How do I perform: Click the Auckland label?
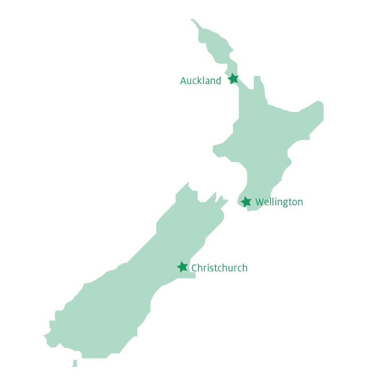click(200, 81)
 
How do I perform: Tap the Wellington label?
click(279, 202)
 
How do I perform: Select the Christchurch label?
click(219, 268)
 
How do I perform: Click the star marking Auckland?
click(233, 79)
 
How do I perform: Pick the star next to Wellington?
click(246, 202)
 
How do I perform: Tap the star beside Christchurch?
click(182, 267)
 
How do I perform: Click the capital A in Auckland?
click(184, 81)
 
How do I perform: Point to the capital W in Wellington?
click(260, 202)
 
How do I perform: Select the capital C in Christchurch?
click(194, 268)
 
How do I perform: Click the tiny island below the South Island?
click(75, 363)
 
